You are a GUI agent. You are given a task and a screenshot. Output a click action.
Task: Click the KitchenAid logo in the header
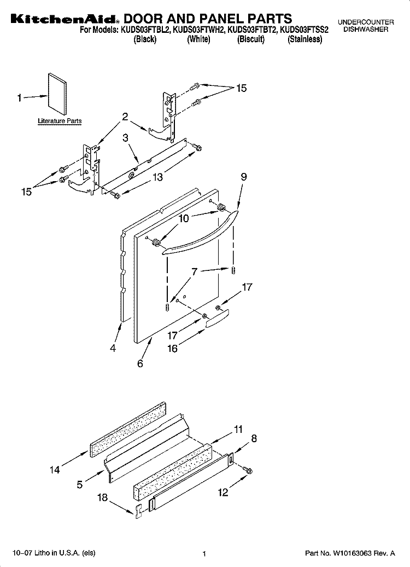63,19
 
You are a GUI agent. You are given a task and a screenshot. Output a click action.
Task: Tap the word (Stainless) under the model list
304,39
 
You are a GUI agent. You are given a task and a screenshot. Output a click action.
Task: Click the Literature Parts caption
60,121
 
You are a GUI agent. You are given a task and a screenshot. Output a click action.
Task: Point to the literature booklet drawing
57,94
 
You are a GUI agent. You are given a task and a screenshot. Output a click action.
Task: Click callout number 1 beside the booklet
19,98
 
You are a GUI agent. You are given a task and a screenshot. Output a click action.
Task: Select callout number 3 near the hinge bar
125,138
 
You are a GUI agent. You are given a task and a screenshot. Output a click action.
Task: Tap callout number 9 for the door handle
244,177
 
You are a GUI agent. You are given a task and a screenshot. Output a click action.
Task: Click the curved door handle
201,234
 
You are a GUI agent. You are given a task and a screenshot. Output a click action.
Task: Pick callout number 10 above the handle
184,219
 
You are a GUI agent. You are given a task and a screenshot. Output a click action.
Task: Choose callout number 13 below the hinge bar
157,177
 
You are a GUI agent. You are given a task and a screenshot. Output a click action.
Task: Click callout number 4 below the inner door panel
113,348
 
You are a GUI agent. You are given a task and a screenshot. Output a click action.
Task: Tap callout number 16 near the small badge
173,349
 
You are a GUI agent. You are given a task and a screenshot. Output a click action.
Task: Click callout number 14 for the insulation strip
55,470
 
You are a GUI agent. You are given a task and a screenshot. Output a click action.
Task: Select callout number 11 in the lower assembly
238,430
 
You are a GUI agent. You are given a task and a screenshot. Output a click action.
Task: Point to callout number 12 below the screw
223,492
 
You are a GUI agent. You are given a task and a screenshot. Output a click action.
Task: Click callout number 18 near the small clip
103,497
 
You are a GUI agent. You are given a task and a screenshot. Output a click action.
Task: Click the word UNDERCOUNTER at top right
366,22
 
